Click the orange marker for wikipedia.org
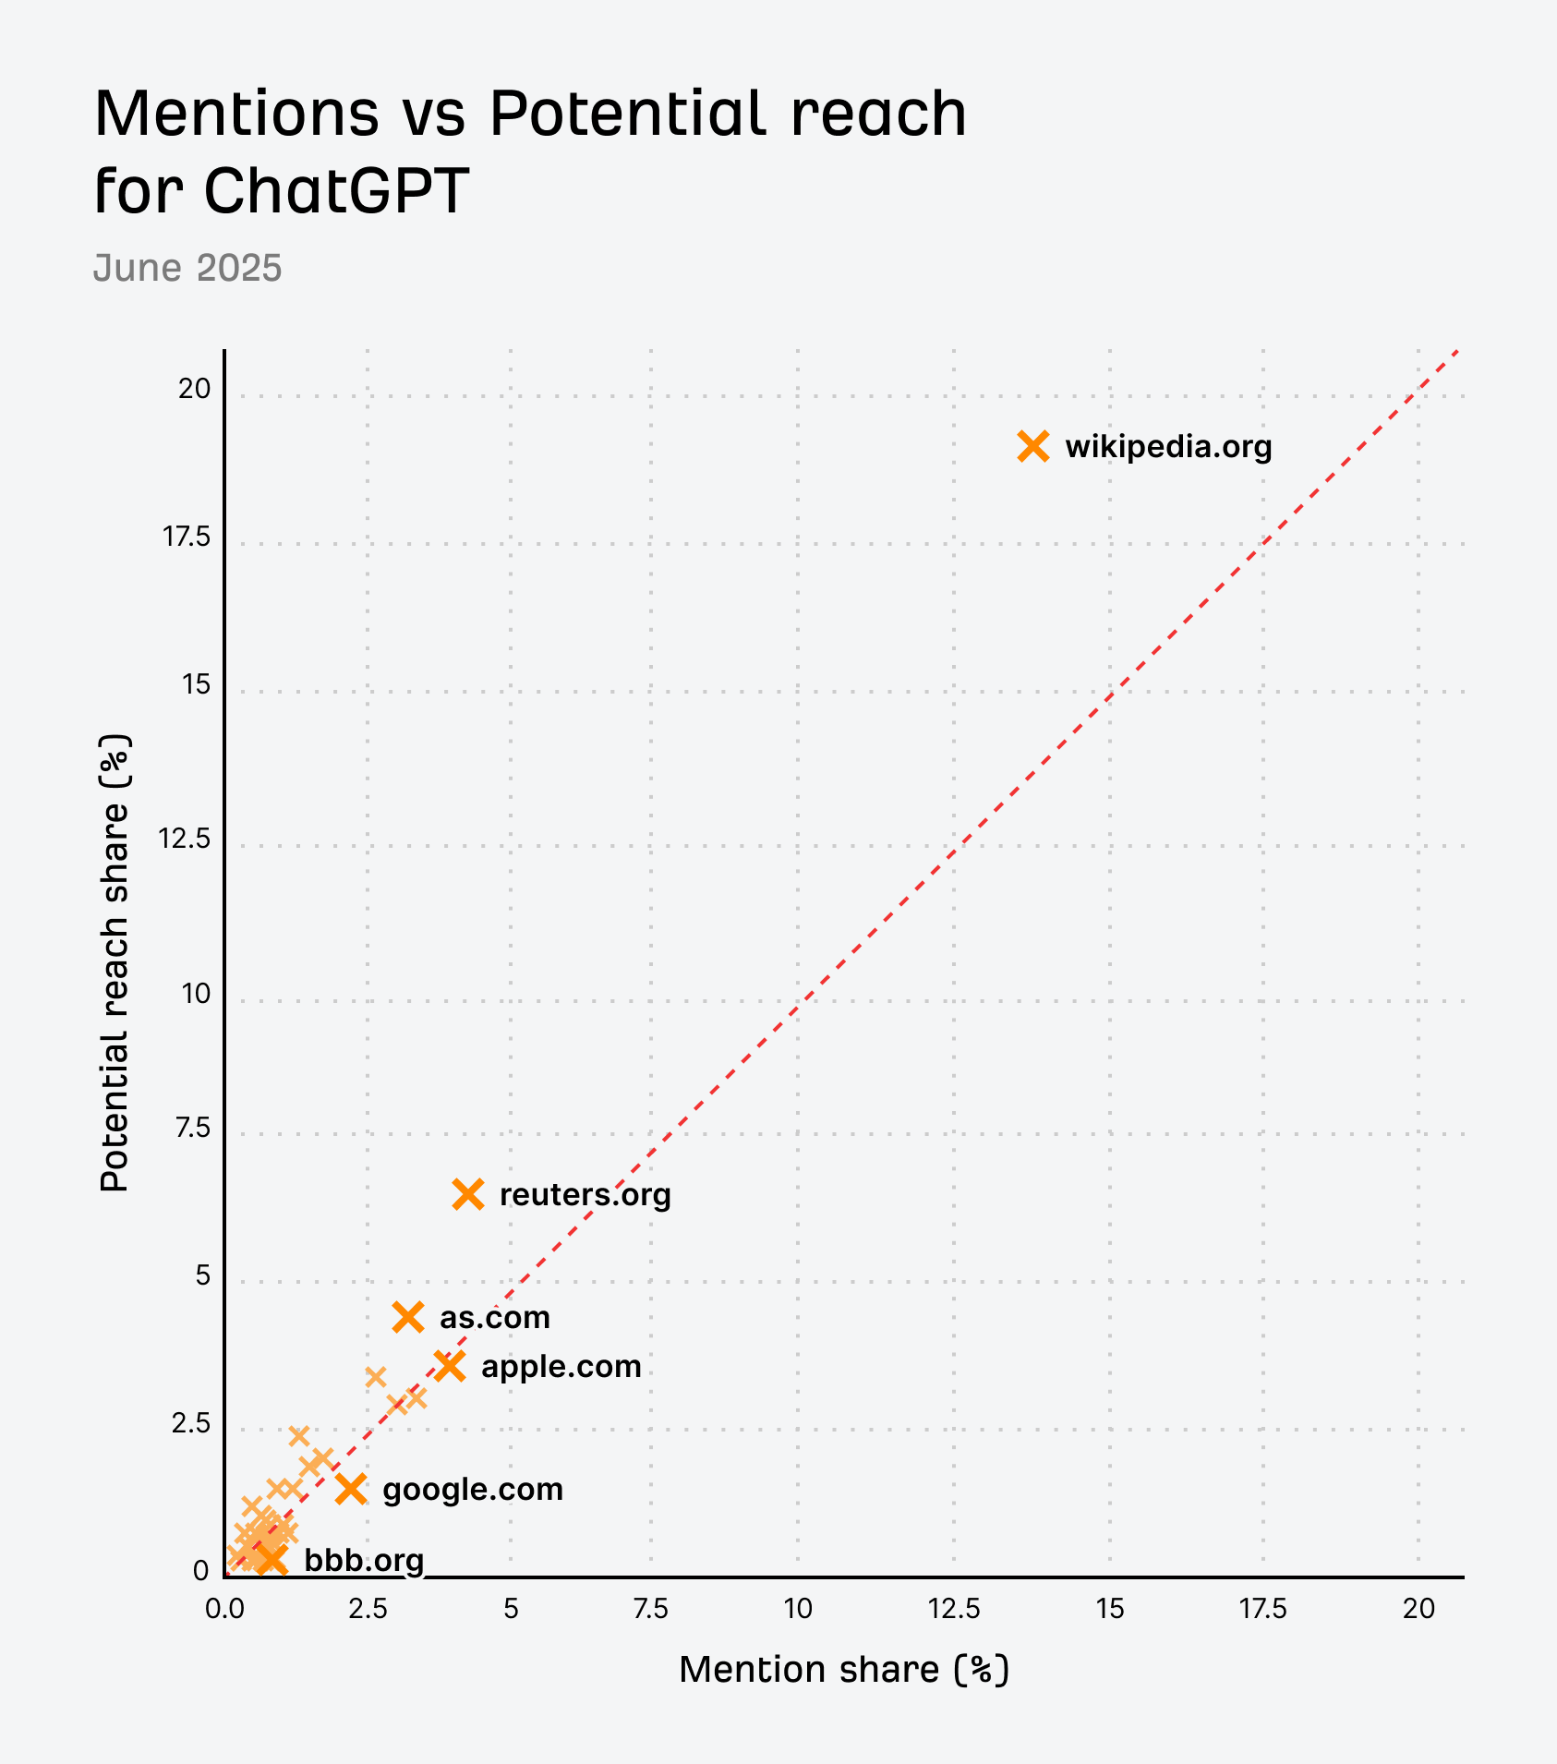pyautogui.click(x=1033, y=446)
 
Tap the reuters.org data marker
pyautogui.click(x=468, y=1194)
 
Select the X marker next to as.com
pyautogui.click(x=408, y=1317)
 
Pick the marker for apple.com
pyautogui.click(x=450, y=1365)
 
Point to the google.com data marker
pyautogui.click(x=351, y=1489)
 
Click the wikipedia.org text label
pyautogui.click(x=1168, y=447)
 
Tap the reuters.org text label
pyautogui.click(x=585, y=1195)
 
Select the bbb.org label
pyautogui.click(x=364, y=1561)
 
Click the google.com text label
pyautogui.click(x=472, y=1490)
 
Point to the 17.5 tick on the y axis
pyautogui.click(x=187, y=537)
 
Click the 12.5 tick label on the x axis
pyautogui.click(x=954, y=1609)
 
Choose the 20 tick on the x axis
pyautogui.click(x=1418, y=1609)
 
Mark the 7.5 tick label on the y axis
pyautogui.click(x=192, y=1128)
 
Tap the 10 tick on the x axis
pyautogui.click(x=798, y=1609)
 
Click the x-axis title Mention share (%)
pyautogui.click(x=844, y=1670)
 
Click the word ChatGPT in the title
pyautogui.click(x=335, y=190)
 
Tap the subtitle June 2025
pyautogui.click(x=187, y=268)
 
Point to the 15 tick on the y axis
pyautogui.click(x=196, y=684)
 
